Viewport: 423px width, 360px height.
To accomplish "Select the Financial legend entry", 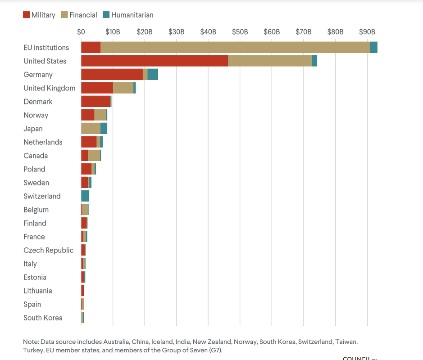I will coord(78,15).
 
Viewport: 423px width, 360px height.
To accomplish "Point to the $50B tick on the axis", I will coord(240,32).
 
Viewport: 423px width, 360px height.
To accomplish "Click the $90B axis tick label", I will coord(367,32).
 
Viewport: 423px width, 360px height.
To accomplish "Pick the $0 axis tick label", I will coord(81,32).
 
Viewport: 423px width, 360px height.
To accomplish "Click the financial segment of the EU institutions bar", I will coord(234,48).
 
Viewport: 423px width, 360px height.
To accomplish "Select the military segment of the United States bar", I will coord(154,61).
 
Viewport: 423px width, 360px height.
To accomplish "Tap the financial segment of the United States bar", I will coord(269,61).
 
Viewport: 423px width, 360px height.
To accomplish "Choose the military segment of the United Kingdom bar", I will coord(97,88).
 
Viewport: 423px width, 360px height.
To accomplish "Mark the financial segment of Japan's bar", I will coord(91,129).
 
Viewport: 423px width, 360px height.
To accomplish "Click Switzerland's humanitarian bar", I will coord(85,196).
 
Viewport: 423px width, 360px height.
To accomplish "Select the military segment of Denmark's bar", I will coord(96,102).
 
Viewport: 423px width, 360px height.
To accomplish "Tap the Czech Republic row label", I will coord(48,250).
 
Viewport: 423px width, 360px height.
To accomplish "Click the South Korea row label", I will coord(43,318).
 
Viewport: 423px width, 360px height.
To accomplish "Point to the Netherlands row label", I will coord(43,142).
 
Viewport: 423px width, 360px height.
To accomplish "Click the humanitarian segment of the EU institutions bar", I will coord(373,48).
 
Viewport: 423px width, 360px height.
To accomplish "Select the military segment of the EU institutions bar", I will coord(91,48).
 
